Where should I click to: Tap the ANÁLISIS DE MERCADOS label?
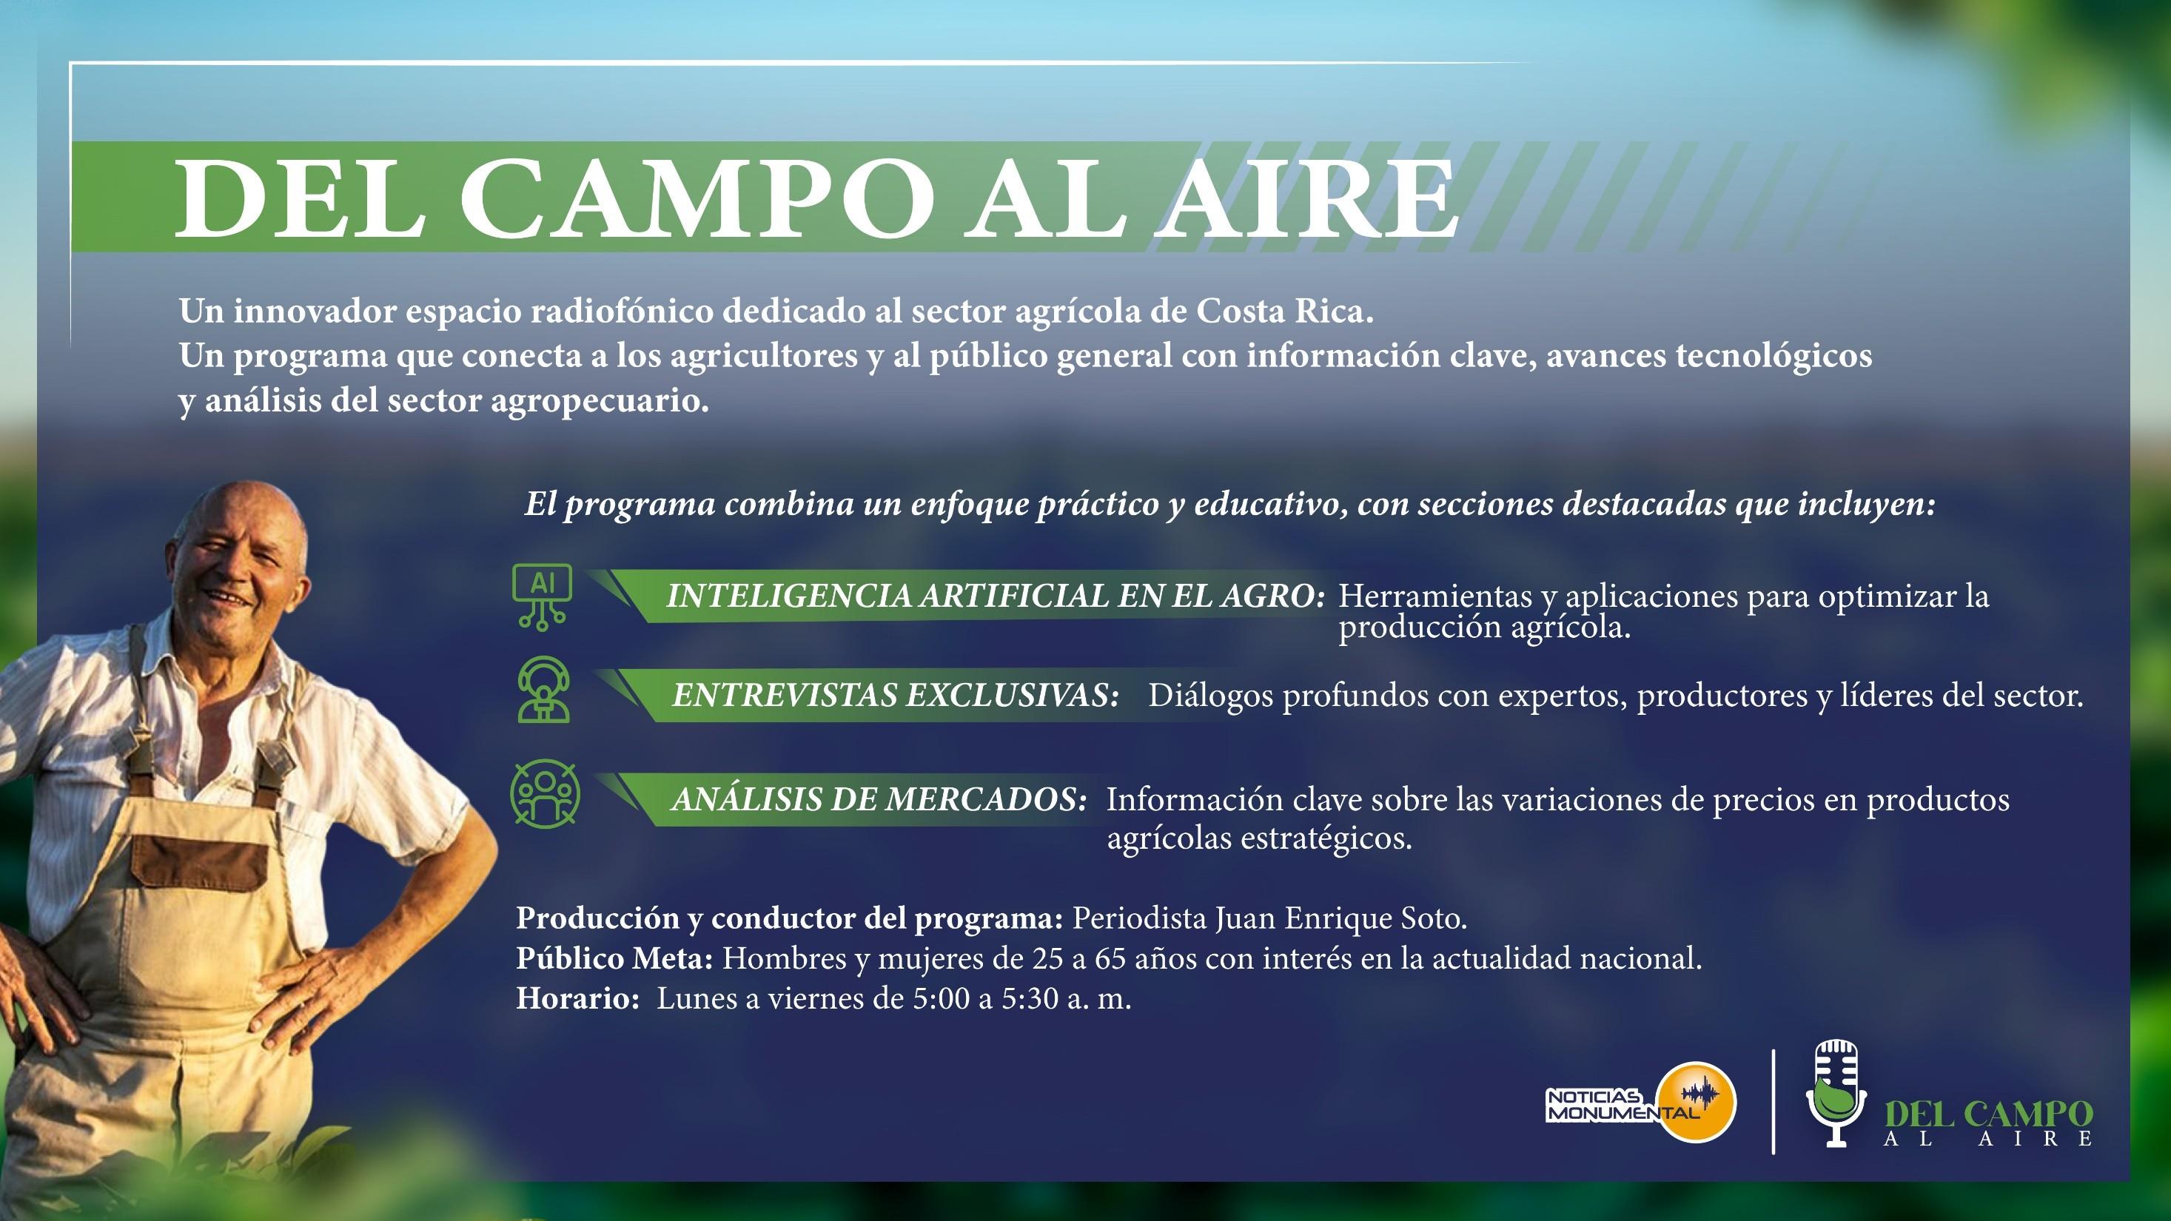879,799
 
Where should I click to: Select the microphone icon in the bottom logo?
1836,1094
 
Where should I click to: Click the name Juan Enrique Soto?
1340,918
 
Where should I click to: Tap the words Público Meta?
615,958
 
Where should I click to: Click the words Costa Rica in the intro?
1285,312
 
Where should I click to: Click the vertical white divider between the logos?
1774,1101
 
